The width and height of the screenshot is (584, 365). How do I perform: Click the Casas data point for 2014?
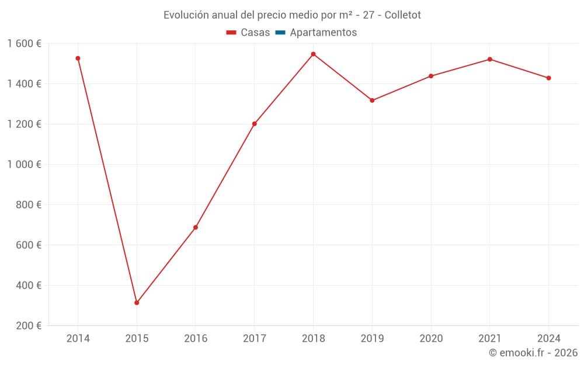(78, 58)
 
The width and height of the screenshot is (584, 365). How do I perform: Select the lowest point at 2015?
(137, 303)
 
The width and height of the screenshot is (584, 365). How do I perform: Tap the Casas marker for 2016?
(196, 227)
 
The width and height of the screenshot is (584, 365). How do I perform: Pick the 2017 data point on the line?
(255, 124)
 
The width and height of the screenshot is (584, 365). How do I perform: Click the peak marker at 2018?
(313, 54)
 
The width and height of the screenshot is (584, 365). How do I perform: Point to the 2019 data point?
(372, 100)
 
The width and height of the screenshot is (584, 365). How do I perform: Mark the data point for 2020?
(431, 76)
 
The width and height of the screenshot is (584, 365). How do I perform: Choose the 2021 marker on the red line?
(489, 59)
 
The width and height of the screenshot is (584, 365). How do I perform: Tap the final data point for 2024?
(548, 78)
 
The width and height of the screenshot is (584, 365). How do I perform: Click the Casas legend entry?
(248, 33)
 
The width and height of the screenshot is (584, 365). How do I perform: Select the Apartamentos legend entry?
(316, 33)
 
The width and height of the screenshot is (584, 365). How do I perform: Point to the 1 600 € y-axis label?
(25, 44)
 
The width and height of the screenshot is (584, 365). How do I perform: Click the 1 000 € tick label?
(25, 165)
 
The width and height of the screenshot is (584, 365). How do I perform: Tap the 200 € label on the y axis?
(27, 326)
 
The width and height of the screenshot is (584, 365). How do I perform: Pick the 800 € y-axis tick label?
(27, 205)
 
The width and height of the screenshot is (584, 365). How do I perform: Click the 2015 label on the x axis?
(137, 339)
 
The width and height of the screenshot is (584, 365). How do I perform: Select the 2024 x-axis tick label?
(548, 339)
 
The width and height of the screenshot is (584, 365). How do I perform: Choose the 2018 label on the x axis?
(313, 339)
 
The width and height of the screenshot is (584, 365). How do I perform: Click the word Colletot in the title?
(402, 15)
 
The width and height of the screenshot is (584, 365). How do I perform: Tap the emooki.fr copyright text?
(533, 353)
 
